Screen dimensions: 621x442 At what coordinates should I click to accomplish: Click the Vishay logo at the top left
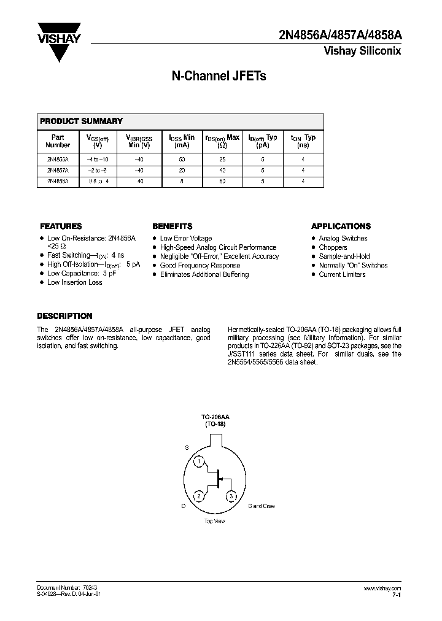coord(60,41)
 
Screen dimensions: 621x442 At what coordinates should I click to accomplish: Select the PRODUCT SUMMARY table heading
coord(82,121)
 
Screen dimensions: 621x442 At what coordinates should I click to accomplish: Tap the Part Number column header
coord(58,142)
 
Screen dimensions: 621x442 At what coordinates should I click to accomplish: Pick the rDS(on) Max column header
coord(222,142)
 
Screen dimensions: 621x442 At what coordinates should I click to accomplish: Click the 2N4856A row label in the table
coord(58,158)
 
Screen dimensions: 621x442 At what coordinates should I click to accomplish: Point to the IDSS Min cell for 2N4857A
coord(182,170)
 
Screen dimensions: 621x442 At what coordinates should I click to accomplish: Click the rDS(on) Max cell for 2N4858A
coord(222,182)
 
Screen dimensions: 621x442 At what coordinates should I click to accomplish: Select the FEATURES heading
coord(61,226)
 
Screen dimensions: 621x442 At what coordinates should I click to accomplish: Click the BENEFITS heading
coord(173,226)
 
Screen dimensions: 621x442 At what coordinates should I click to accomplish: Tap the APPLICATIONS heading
coord(341,226)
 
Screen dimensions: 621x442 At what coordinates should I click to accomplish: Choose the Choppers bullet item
coord(333,247)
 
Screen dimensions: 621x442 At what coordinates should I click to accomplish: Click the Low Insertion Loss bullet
coord(74,282)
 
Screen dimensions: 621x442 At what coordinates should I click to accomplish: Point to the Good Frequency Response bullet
coord(200,266)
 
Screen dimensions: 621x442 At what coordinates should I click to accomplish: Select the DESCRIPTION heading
coord(64,317)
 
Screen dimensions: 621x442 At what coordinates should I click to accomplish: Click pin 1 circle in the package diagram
coord(199,461)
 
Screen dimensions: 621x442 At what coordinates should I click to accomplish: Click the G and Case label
coord(261,506)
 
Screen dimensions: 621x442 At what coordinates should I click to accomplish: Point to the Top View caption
coord(215,521)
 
